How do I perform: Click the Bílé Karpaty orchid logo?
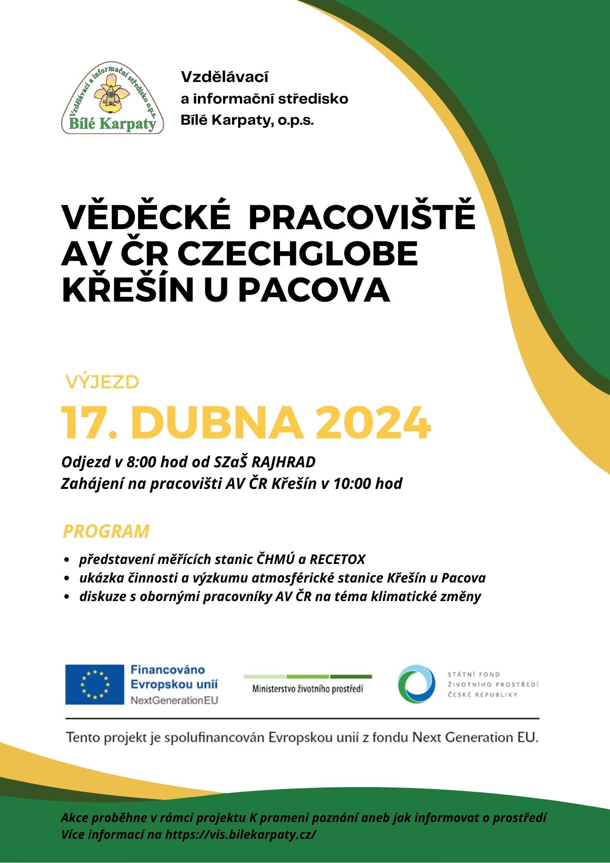[x=113, y=98]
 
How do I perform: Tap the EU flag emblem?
[x=94, y=684]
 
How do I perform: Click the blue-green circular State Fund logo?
[x=416, y=684]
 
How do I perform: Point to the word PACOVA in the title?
[x=314, y=290]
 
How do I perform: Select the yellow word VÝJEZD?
[x=102, y=382]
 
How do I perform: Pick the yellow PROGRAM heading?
[x=106, y=531]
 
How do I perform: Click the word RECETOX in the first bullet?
[x=337, y=560]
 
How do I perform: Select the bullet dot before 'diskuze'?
[x=66, y=597]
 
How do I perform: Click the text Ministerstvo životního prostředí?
[x=308, y=689]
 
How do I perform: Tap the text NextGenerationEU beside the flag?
[x=174, y=700]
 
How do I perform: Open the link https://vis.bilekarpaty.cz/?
[x=241, y=834]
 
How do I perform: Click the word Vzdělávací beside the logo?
[x=224, y=77]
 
